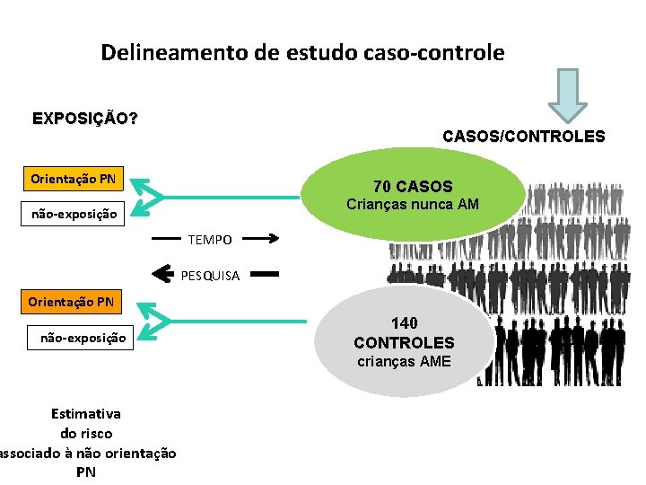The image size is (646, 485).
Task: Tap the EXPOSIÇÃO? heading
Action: click(84, 119)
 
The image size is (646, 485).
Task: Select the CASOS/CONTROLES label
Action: click(523, 137)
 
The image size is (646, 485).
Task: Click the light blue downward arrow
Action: click(568, 96)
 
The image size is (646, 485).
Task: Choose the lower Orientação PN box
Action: click(71, 302)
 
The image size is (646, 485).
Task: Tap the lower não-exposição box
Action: click(83, 339)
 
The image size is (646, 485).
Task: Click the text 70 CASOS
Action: click(413, 187)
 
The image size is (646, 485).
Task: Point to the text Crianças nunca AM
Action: click(413, 205)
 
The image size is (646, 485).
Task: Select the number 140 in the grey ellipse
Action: click(404, 322)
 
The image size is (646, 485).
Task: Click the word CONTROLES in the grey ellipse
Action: click(404, 342)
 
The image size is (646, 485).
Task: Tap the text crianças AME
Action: click(404, 362)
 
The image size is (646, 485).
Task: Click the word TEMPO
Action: click(210, 240)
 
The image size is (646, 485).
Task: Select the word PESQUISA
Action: click(210, 276)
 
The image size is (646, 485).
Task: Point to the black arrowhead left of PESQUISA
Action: click(162, 273)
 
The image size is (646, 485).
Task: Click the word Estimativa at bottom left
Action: click(86, 414)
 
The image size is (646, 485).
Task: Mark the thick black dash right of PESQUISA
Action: click(267, 273)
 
